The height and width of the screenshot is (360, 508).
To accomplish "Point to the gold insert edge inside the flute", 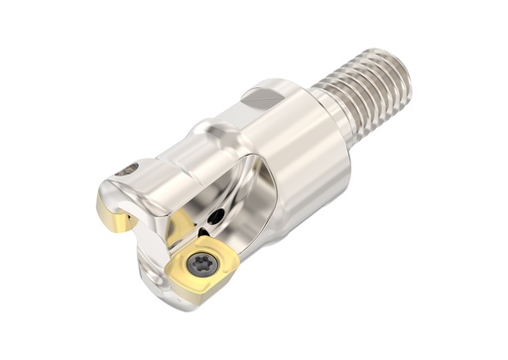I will coord(181,229).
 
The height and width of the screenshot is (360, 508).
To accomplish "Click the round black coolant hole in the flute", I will coord(215,217).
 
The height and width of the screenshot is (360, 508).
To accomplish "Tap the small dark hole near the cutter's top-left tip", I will coord(123,170).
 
